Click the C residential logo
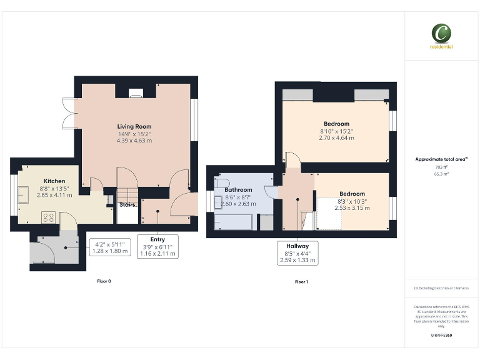441,35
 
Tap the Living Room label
134,126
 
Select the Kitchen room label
54,181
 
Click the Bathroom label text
238,190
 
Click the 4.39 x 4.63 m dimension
134,141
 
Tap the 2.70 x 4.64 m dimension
336,138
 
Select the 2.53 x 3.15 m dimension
351,208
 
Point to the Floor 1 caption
301,282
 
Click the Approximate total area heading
441,159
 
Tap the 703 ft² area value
441,167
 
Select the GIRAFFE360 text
441,336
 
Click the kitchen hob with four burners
48,217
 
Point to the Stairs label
127,204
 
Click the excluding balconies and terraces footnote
441,288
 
